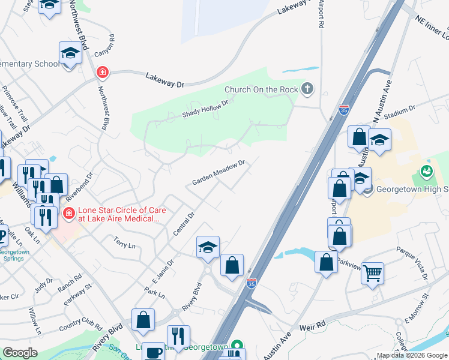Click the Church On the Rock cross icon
pyautogui.click(x=307, y=89)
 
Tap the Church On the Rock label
pyautogui.click(x=261, y=90)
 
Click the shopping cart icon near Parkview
pyautogui.click(x=372, y=274)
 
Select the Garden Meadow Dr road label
pyautogui.click(x=219, y=172)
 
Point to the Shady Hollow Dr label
pyautogui.click(x=206, y=109)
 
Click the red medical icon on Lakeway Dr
pyautogui.click(x=103, y=73)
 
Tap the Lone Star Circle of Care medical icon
pyautogui.click(x=68, y=212)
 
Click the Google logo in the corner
pyautogui.click(x=20, y=353)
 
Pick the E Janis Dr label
pyautogui.click(x=163, y=271)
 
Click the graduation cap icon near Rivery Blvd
pyautogui.click(x=208, y=247)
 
